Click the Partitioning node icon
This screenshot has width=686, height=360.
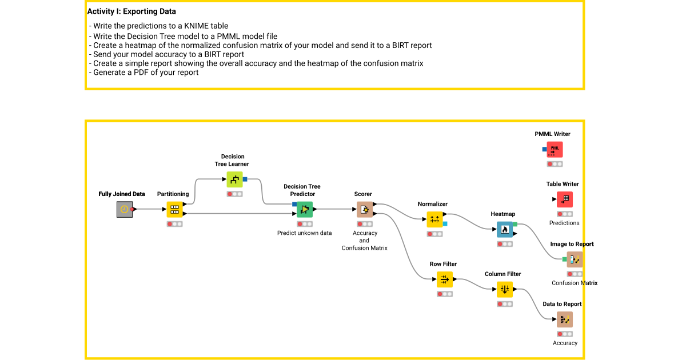click(x=174, y=210)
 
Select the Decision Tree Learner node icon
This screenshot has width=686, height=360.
click(x=234, y=179)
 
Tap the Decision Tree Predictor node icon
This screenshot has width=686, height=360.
click(x=304, y=210)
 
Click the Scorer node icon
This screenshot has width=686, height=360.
click(x=364, y=210)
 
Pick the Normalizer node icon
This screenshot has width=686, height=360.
click(x=434, y=219)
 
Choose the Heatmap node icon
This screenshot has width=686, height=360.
click(x=504, y=229)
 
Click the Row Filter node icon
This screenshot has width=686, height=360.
click(x=444, y=279)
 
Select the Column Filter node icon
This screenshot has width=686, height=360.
click(x=504, y=289)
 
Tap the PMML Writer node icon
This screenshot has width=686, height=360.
click(x=555, y=149)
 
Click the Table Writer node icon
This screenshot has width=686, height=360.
click(x=565, y=199)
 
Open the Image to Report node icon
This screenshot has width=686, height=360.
click(x=575, y=259)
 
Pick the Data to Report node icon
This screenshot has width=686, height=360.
click(x=565, y=319)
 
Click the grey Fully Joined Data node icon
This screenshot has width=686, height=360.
click(x=124, y=210)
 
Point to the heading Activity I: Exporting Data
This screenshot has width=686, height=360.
click(x=131, y=11)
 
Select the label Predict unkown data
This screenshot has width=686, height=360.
click(x=304, y=233)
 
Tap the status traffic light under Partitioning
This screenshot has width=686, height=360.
click(x=174, y=224)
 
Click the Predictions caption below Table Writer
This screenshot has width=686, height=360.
click(x=564, y=223)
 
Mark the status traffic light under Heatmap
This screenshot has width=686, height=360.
click(x=504, y=244)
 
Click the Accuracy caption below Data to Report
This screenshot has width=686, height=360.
click(x=565, y=343)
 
